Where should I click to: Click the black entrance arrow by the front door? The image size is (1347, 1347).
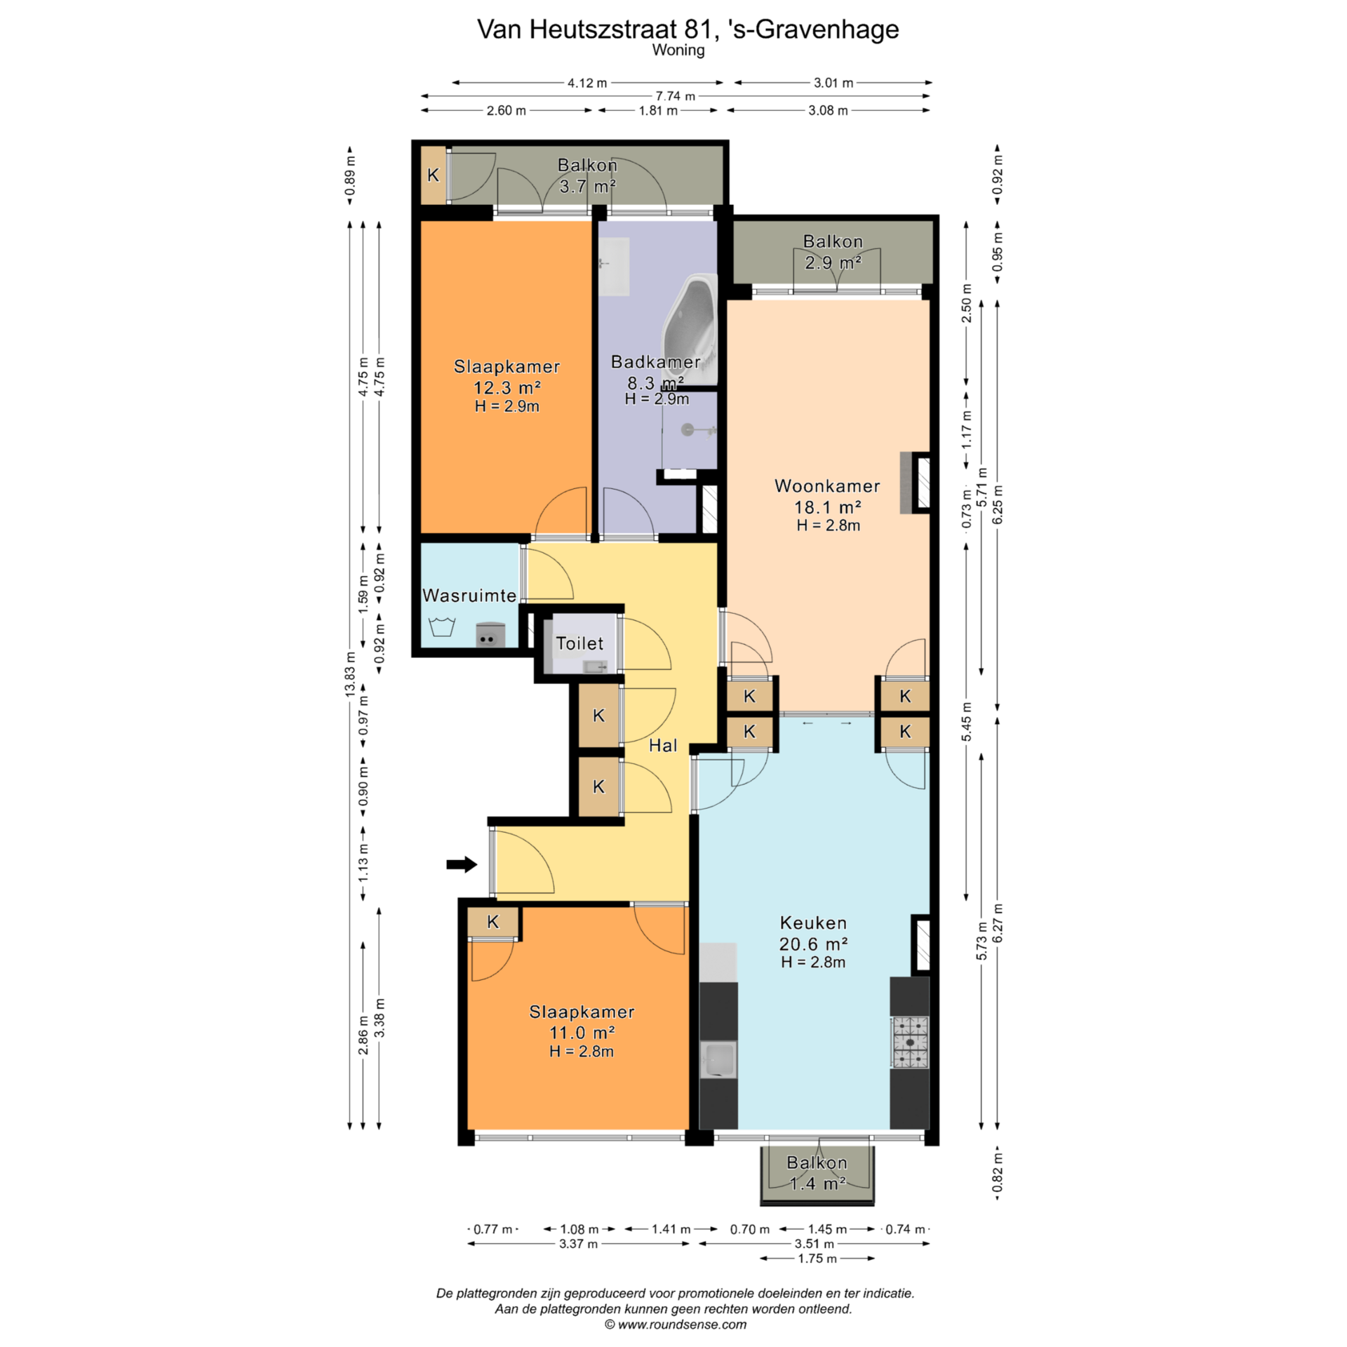coord(462,864)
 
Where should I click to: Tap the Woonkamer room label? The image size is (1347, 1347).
coord(827,485)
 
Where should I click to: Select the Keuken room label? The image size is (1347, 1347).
coord(813,923)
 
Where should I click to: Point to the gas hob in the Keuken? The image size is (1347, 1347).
coord(910,1042)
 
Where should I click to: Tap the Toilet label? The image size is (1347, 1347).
coord(579,643)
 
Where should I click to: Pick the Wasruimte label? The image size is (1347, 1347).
coord(469,595)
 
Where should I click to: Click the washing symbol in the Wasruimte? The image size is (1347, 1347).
coord(442,626)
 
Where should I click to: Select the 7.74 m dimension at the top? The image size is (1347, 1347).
coord(675,96)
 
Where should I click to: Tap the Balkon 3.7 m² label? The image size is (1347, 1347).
coord(587,175)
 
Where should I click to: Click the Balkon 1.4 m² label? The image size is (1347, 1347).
coord(817,1173)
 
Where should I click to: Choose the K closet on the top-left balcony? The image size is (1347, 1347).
coord(434,175)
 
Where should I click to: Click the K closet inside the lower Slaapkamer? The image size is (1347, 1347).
coord(493,922)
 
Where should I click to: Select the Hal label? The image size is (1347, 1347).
coord(663,745)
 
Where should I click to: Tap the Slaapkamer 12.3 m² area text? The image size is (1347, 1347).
coord(507,387)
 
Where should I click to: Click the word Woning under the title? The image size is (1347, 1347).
coord(678,51)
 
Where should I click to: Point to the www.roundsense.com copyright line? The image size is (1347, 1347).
coord(676,1325)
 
